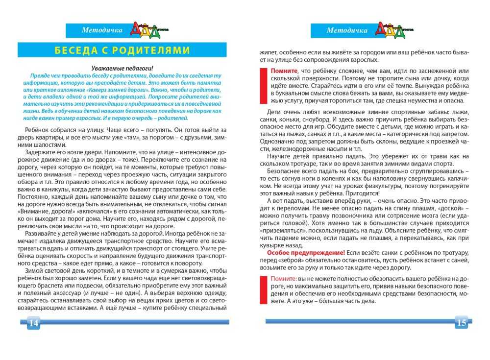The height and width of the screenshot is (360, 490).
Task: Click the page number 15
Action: coord(461,322)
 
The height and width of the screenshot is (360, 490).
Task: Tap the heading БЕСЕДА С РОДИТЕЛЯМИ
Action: coord(122,50)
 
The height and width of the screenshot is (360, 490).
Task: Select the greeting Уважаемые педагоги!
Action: coord(122,69)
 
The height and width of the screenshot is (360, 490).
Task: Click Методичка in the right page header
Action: coord(347,30)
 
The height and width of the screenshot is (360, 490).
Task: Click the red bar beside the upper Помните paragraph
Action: coord(262,86)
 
